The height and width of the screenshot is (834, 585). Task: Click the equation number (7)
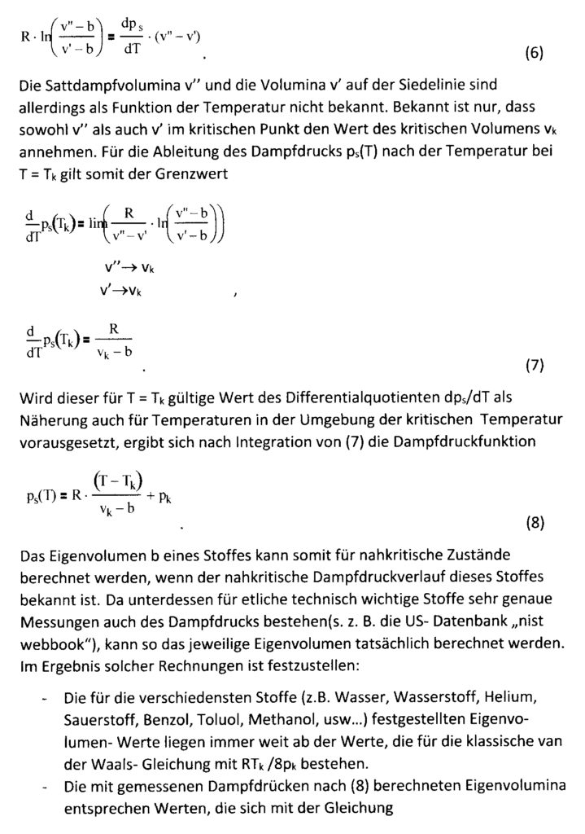[x=533, y=366]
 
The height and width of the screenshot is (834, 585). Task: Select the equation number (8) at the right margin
[x=533, y=523]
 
